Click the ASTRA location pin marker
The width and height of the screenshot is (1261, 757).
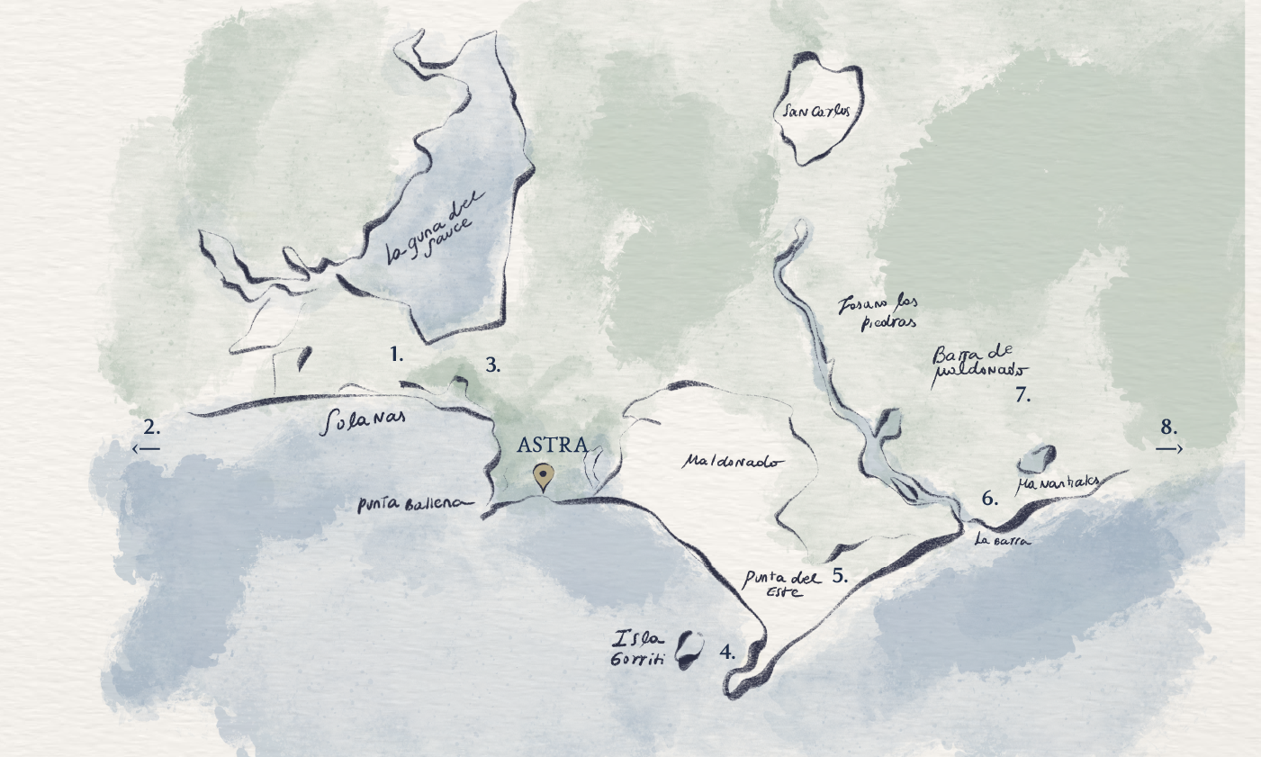coord(543,475)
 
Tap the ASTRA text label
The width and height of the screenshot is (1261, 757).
coord(553,445)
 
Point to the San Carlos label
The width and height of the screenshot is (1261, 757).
coord(816,112)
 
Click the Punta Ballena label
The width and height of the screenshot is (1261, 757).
coord(414,504)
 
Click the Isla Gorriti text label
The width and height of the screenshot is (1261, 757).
coord(639,648)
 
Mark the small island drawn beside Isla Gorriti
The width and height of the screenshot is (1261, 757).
coord(689,649)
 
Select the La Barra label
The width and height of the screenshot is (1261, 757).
coord(1003,540)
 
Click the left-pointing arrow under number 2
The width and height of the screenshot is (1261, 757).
coord(146,448)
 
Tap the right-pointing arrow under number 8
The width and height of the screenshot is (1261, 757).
coord(1168,448)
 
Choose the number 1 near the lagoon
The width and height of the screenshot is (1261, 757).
coord(397,355)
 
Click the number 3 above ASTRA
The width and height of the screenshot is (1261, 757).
coord(492,365)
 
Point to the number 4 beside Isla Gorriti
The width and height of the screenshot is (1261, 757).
coord(727,652)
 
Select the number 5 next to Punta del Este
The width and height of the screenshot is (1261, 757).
coord(840,576)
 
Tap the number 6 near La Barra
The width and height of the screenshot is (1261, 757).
coord(990,498)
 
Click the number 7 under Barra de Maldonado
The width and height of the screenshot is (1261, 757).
coord(1022,394)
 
